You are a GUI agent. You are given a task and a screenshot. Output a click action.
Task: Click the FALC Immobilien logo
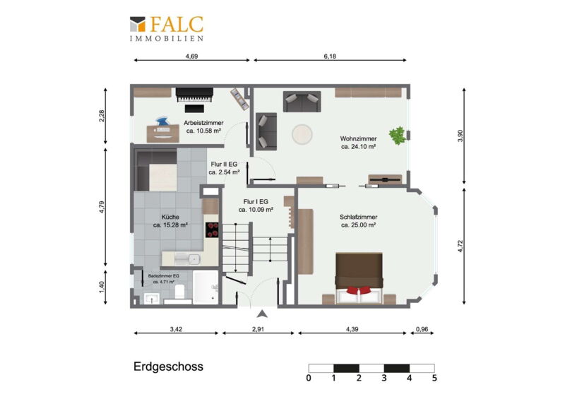click(x=167, y=28)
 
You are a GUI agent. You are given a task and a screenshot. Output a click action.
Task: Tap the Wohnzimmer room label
click(x=358, y=143)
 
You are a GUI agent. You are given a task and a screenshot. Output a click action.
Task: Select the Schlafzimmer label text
click(x=358, y=221)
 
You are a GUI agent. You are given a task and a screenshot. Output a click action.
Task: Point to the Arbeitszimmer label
click(x=203, y=127)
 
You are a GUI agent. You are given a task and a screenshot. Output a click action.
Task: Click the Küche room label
click(x=170, y=221)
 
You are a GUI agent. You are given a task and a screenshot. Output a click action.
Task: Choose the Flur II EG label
click(x=224, y=168)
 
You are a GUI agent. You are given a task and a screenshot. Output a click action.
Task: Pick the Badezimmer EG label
click(x=163, y=279)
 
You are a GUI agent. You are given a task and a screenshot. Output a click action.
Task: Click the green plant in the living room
click(x=398, y=136)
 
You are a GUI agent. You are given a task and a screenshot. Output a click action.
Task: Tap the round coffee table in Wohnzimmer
click(x=302, y=134)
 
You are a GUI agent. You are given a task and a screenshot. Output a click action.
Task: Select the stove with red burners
click(x=212, y=230)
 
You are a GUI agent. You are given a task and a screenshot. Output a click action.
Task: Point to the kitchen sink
click(x=187, y=258)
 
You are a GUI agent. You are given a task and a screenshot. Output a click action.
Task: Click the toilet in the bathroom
click(x=179, y=291)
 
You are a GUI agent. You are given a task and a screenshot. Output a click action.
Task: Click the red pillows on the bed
click(x=359, y=290)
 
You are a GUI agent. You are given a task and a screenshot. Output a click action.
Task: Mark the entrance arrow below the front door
click(x=263, y=314)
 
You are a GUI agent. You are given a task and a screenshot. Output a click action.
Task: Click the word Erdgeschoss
click(x=168, y=367)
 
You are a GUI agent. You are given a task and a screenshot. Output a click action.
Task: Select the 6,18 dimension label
click(x=330, y=56)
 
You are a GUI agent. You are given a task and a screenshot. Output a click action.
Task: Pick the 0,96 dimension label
click(x=422, y=329)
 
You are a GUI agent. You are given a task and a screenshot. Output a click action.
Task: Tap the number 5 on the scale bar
click(x=434, y=378)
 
